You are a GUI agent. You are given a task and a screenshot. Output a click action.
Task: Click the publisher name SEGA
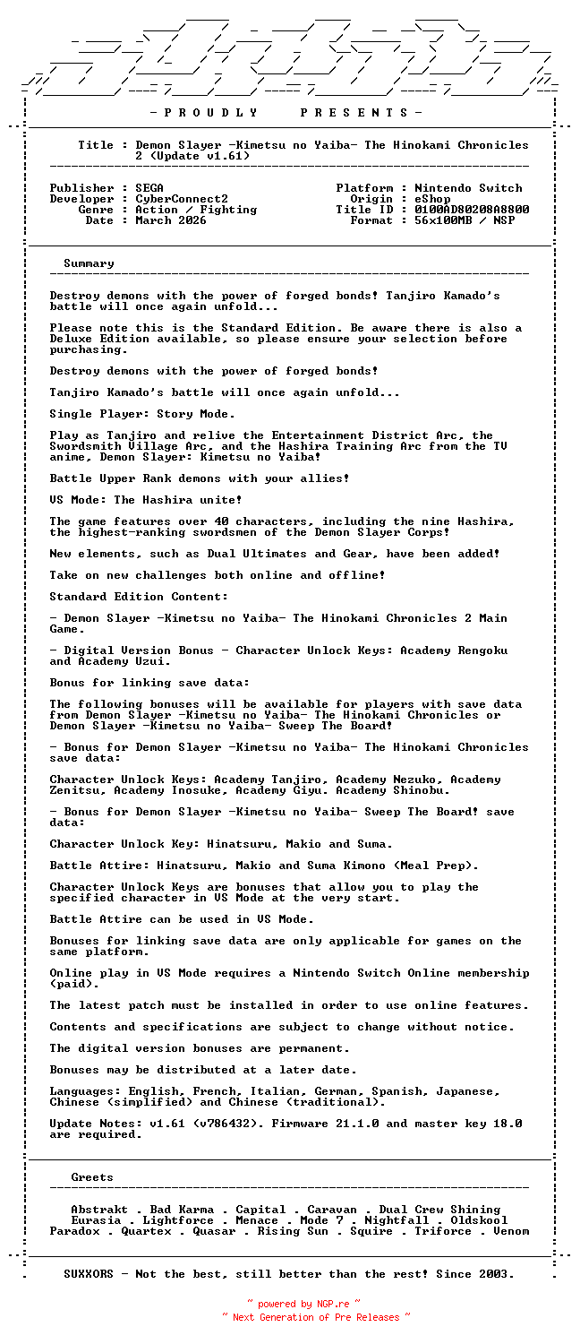[x=149, y=188]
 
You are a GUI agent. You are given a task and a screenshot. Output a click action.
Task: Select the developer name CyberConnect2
[x=182, y=199]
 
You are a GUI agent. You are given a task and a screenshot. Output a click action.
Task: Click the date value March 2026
[x=171, y=220]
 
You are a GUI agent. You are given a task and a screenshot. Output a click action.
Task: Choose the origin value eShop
[x=432, y=199]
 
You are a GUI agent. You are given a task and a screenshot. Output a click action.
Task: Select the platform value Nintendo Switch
[x=468, y=188]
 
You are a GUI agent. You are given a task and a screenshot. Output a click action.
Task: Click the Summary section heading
[x=89, y=263]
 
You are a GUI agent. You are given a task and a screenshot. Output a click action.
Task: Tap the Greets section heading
[x=92, y=1177]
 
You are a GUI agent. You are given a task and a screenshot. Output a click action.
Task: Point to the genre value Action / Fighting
[x=196, y=210]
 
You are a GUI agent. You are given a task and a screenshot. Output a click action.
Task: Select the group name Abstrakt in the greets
[x=99, y=1210]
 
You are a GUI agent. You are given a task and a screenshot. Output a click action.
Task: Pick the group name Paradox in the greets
[x=74, y=1231]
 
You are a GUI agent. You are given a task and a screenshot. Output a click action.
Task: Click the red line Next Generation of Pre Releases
[x=316, y=1317]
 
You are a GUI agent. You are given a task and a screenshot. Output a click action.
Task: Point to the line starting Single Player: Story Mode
[x=142, y=414]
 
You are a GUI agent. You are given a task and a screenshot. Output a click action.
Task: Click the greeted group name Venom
[x=511, y=1231]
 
